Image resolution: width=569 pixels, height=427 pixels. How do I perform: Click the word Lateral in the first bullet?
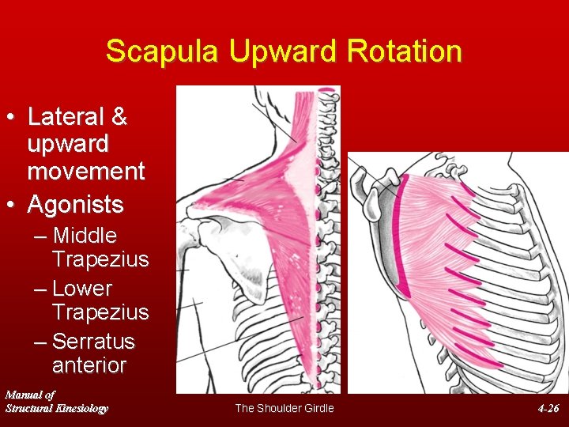point(66,117)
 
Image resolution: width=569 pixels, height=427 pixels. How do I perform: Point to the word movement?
point(86,171)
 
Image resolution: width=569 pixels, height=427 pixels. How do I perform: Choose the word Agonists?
point(75,205)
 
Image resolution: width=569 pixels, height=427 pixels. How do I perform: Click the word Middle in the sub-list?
point(85,236)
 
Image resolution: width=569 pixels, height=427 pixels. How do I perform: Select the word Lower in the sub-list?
point(82,289)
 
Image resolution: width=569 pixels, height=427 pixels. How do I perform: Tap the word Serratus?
point(93,342)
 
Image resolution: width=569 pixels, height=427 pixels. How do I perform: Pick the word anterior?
point(89,365)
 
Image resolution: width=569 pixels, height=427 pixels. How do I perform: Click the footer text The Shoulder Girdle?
point(284,408)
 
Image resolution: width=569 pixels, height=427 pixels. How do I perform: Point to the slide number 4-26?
point(548,408)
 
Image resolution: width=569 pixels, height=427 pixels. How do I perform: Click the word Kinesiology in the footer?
point(79,408)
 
